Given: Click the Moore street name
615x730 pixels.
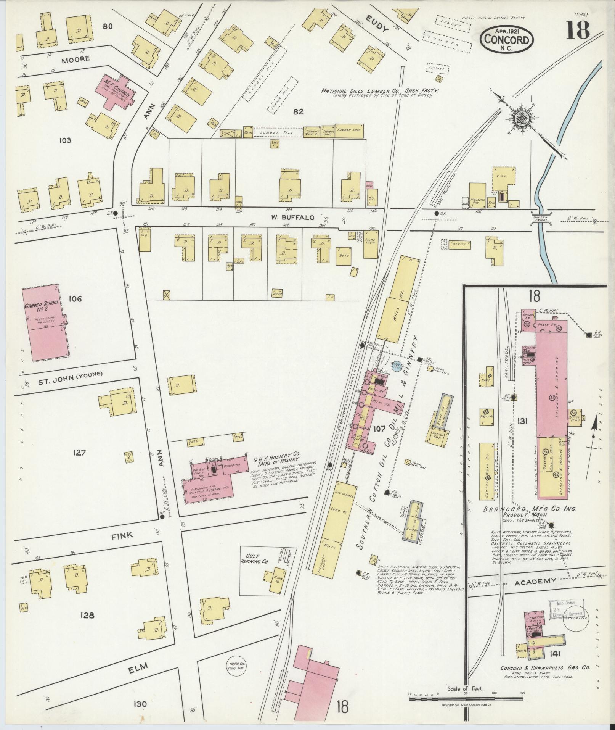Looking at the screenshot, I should click(x=77, y=58).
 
